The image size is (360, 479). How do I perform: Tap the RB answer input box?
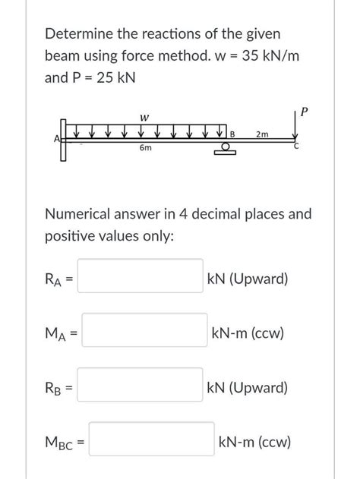[141, 386]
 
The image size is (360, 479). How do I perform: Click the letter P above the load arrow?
[304, 112]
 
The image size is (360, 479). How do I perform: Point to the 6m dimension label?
[145, 149]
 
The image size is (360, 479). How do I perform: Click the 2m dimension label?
[262, 134]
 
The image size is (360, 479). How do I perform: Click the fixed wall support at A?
[64, 139]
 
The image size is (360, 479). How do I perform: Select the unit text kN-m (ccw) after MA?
[248, 332]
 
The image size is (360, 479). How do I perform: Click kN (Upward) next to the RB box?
[247, 387]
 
